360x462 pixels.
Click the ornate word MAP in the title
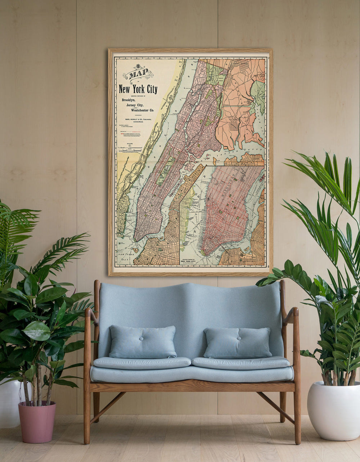pos(138,74)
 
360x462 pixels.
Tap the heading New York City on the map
pos(138,89)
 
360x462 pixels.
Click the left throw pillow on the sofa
pos(143,342)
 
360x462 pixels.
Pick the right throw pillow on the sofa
pos(238,343)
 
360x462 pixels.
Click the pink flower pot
pos(37,421)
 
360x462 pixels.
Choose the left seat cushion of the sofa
pos(142,363)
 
